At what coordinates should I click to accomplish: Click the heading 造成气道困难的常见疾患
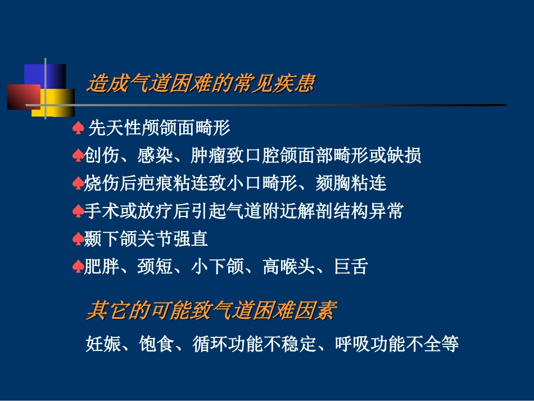[x=200, y=84]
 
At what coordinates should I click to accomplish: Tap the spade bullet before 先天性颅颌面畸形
[x=78, y=129]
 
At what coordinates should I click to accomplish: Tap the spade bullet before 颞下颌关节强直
[x=78, y=240]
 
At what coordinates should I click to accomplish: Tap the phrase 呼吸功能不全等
[x=396, y=343]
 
